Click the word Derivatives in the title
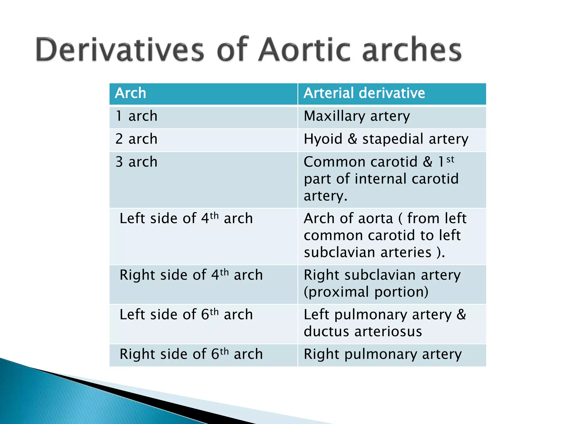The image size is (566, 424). click(120, 50)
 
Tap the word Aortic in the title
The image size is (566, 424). click(305, 50)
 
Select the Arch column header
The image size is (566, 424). click(130, 93)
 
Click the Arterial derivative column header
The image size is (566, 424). click(364, 93)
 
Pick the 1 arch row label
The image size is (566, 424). click(136, 116)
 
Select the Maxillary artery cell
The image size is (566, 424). click(357, 116)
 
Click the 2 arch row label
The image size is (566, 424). click(136, 139)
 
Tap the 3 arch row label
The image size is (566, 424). click(136, 162)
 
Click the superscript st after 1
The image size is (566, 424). click(450, 159)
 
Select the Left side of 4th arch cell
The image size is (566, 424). click(186, 219)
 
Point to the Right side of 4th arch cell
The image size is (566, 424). click(191, 275)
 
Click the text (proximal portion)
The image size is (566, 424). click(366, 292)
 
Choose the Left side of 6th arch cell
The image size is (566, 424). click(186, 315)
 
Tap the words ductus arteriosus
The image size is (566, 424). click(363, 332)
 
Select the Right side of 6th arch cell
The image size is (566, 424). click(191, 354)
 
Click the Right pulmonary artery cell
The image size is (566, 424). click(382, 354)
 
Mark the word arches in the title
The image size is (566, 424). click(412, 50)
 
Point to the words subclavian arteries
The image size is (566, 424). click(368, 252)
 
